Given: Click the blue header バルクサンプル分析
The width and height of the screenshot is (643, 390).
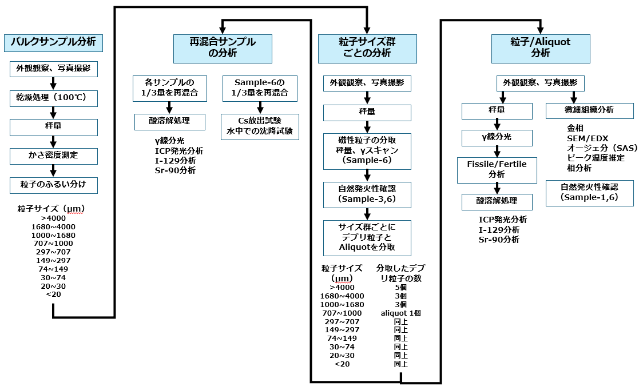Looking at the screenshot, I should [54, 42].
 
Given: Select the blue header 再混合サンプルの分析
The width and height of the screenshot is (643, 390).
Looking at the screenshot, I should [223, 48].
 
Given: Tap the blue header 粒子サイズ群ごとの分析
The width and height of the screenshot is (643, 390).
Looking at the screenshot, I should [367, 48].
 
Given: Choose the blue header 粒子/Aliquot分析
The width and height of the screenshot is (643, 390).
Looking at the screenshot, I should [540, 48].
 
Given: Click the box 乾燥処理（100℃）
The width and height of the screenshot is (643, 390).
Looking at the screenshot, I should [54, 98].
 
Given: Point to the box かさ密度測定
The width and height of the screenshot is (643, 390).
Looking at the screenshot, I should [54, 156].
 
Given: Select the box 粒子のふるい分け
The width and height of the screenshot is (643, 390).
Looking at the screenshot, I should [54, 185].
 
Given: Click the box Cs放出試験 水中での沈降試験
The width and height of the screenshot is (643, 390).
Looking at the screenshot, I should [260, 125].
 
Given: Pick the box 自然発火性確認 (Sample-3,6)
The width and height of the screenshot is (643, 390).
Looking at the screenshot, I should [367, 194].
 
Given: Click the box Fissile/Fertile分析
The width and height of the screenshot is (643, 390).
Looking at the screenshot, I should [497, 170].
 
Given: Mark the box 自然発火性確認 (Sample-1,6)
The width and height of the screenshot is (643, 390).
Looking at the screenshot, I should [589, 193].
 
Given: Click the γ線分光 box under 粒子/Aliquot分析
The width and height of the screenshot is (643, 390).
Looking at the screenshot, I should [497, 138].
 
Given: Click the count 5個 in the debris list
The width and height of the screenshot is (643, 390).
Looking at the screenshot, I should [400, 287].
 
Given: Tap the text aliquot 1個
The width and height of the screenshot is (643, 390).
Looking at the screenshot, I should [400, 313].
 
